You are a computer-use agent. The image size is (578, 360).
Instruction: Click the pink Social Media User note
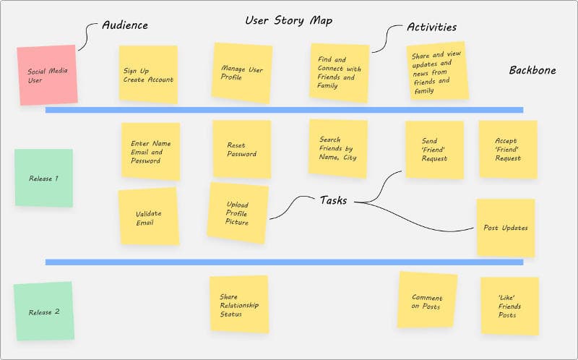point(47,75)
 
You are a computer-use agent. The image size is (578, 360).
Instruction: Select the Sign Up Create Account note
point(148,74)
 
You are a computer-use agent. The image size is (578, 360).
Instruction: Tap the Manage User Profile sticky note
point(242,72)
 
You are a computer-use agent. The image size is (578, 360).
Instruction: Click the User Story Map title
point(289,20)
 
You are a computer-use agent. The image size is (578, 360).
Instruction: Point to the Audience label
point(124,25)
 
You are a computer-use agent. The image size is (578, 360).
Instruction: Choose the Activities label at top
point(431,27)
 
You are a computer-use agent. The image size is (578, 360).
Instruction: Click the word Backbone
point(532,70)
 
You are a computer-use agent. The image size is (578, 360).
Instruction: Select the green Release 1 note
point(44,178)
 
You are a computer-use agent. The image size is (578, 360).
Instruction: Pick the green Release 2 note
point(44,312)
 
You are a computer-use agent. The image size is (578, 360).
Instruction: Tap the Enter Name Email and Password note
point(150,151)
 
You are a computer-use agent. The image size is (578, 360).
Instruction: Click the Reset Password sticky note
point(241,149)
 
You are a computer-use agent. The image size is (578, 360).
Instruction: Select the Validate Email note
point(148,217)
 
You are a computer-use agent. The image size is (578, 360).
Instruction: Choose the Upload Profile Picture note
point(238,213)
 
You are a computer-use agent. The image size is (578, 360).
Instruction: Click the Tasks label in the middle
point(333,200)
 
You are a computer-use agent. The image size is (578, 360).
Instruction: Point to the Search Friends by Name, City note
point(337,148)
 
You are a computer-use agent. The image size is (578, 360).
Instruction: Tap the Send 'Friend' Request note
point(433,150)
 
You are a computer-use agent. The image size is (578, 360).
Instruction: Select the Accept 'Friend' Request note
point(508,149)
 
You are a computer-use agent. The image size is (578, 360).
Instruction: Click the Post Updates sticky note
point(505,228)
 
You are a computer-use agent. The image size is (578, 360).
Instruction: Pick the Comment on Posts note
point(427,301)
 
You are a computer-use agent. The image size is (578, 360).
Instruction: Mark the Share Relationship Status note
point(239,304)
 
